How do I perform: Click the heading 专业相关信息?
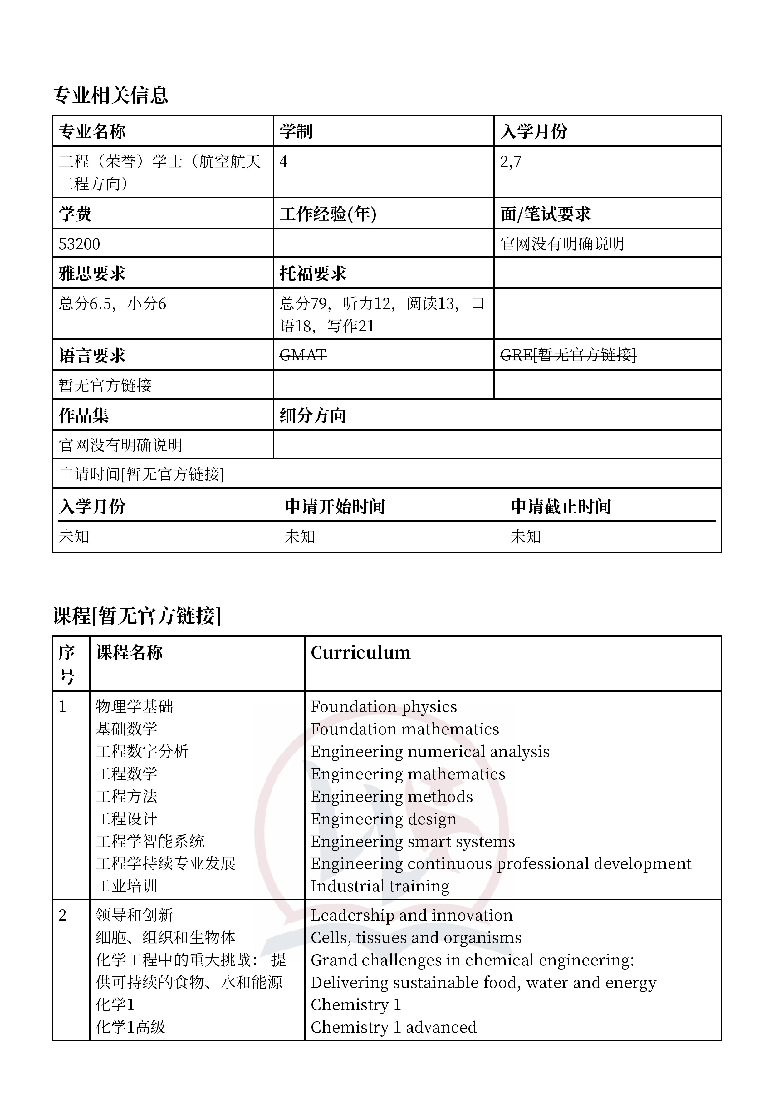(x=110, y=96)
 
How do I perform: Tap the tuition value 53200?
(x=79, y=244)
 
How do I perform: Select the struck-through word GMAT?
(x=303, y=355)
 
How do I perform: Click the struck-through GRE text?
(x=568, y=355)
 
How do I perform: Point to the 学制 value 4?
(x=283, y=162)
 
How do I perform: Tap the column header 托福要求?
(x=313, y=274)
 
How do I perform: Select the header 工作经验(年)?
(x=328, y=214)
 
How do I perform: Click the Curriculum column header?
(x=360, y=652)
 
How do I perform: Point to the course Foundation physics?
(x=384, y=706)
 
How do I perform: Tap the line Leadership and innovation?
(x=412, y=915)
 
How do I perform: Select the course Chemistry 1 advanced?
(x=394, y=1027)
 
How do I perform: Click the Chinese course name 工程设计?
(x=126, y=819)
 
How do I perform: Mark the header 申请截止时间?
(x=561, y=507)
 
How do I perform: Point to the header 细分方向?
(x=313, y=416)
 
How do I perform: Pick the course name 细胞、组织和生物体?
(x=165, y=938)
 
